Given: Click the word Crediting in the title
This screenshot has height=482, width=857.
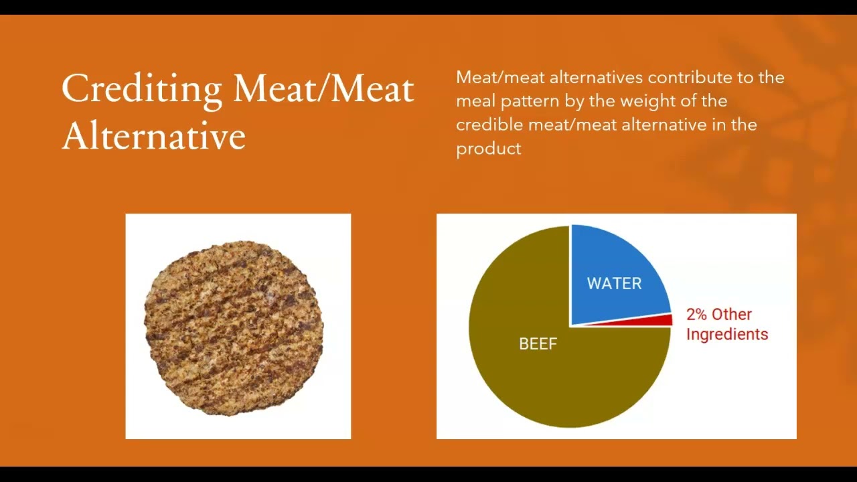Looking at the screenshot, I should (141, 89).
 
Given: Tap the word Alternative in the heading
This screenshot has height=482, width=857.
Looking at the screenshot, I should (153, 136).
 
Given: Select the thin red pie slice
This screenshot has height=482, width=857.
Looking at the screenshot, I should (663, 320).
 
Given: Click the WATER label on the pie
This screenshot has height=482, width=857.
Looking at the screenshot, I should (614, 283).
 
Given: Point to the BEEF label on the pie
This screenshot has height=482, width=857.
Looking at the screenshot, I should (538, 344).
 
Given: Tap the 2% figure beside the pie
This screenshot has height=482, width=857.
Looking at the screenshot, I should (696, 315).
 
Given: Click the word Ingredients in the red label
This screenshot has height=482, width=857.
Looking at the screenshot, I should (727, 334).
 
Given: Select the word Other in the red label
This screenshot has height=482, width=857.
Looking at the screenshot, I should (732, 315).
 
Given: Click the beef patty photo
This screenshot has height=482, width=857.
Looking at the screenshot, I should (234, 327).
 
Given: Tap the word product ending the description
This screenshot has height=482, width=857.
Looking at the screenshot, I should (488, 149).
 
